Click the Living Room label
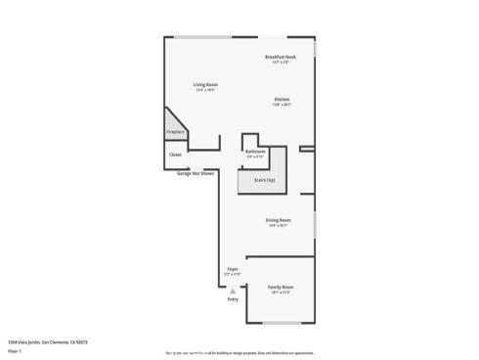point(205,85)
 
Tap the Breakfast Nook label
point(281,58)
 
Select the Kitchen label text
point(282,100)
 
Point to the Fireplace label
point(175,131)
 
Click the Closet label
point(175,155)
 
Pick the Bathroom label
point(256,152)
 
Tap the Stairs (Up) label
point(264,180)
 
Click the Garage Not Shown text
point(196,173)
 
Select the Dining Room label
point(278,220)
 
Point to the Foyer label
point(233,268)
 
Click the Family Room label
point(281,287)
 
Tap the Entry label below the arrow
point(233,298)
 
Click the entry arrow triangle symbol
point(233,291)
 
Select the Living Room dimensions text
point(205,91)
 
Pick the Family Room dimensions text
point(281,292)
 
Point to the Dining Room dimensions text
point(278,226)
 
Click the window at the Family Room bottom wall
point(281,323)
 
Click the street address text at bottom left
point(47,341)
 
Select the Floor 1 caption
point(15,350)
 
